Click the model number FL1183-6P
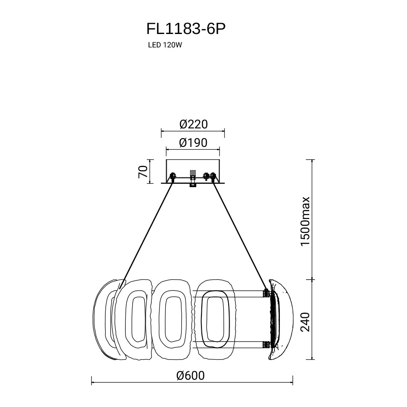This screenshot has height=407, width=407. (x=186, y=29)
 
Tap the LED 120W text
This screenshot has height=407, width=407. (x=165, y=45)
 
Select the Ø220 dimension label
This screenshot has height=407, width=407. (x=193, y=124)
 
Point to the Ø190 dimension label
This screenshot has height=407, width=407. (x=193, y=143)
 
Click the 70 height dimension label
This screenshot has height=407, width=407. (x=143, y=172)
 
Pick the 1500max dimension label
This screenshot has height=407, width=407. (x=305, y=221)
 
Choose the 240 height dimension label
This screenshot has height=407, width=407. (x=305, y=322)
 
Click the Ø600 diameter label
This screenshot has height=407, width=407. (x=190, y=376)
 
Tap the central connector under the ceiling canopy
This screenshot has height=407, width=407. (x=193, y=179)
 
